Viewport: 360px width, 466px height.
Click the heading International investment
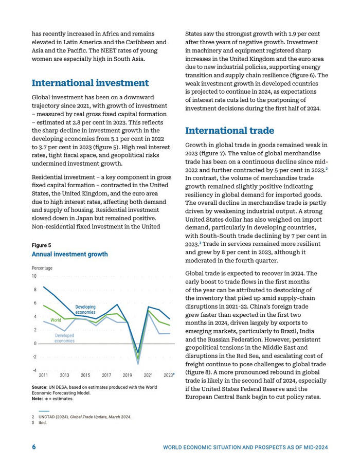point(90,83)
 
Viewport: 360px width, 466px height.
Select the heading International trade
point(229,130)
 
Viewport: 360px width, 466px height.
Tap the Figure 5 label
point(41,245)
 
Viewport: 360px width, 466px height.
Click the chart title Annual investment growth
point(69,254)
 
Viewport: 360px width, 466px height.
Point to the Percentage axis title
point(42,268)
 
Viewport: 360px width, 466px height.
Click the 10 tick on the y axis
point(34,276)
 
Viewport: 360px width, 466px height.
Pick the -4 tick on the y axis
point(34,370)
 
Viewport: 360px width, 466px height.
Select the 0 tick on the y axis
point(35,344)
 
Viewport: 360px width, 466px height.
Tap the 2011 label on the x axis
point(43,375)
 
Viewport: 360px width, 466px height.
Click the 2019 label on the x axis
point(128,375)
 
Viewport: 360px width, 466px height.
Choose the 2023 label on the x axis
point(169,375)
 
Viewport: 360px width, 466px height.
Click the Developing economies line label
point(85,310)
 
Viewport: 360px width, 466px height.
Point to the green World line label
point(56,320)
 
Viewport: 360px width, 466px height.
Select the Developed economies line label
point(65,338)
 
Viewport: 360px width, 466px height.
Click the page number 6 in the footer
point(34,447)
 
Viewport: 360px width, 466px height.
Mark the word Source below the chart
point(40,387)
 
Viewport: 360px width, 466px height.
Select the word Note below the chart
point(38,399)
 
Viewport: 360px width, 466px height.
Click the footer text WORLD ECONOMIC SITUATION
point(206,447)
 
